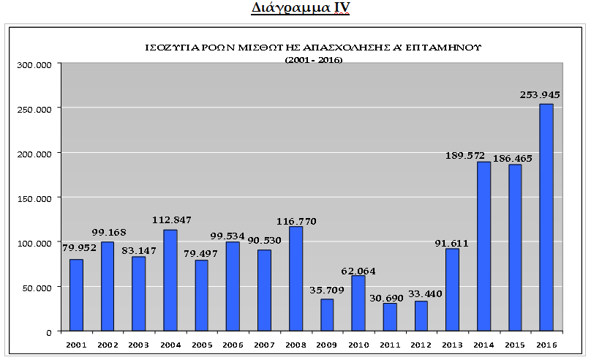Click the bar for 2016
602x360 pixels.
(x=546, y=217)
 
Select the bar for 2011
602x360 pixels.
(x=390, y=318)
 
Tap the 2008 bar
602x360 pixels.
(x=296, y=279)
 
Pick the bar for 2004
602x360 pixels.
(x=170, y=280)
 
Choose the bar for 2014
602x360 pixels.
(x=484, y=247)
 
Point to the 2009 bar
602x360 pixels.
(x=327, y=315)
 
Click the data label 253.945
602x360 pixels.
(x=540, y=94)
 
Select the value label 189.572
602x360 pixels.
(x=465, y=156)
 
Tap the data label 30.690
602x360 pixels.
(x=386, y=298)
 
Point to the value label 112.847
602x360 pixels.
(x=172, y=220)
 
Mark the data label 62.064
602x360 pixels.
(x=358, y=271)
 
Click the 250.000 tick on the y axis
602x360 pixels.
(x=34, y=110)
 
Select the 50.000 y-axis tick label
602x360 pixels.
(x=37, y=288)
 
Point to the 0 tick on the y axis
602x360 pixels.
(x=49, y=333)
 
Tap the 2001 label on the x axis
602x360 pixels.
(x=76, y=345)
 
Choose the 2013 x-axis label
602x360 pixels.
(x=452, y=345)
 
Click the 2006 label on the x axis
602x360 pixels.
(x=233, y=345)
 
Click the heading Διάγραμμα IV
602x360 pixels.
(x=301, y=8)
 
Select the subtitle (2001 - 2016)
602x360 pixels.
(x=314, y=60)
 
